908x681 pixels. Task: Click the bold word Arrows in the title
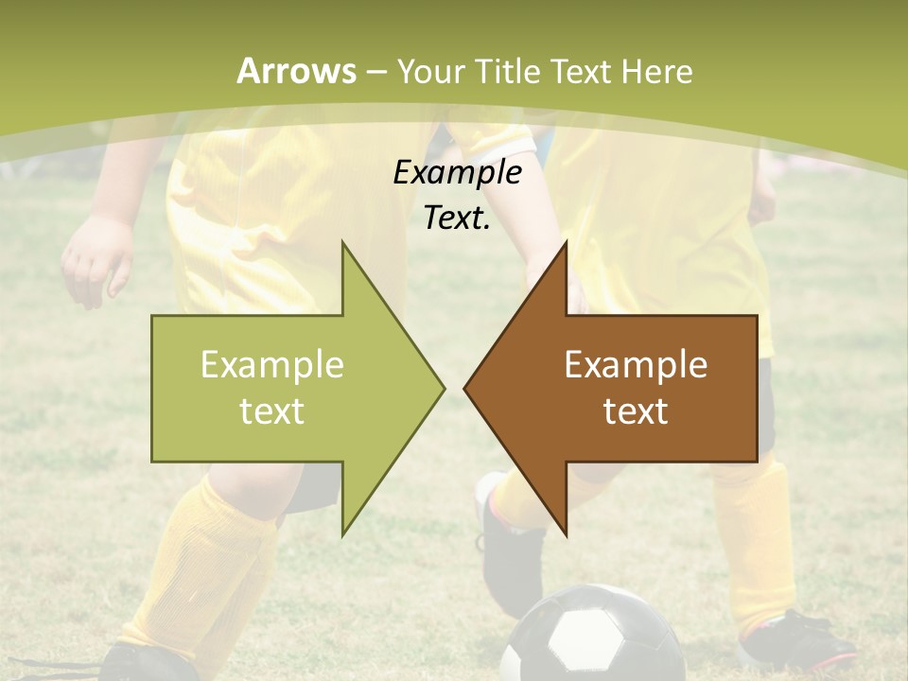296,71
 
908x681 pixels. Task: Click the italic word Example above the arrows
457,173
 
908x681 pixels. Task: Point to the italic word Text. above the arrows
457,218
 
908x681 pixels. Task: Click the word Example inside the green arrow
272,365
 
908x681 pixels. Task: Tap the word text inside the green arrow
272,411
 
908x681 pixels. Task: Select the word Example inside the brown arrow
636,365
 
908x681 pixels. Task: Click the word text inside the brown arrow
636,411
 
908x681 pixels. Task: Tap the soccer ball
591,634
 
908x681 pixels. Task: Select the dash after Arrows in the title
375,72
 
